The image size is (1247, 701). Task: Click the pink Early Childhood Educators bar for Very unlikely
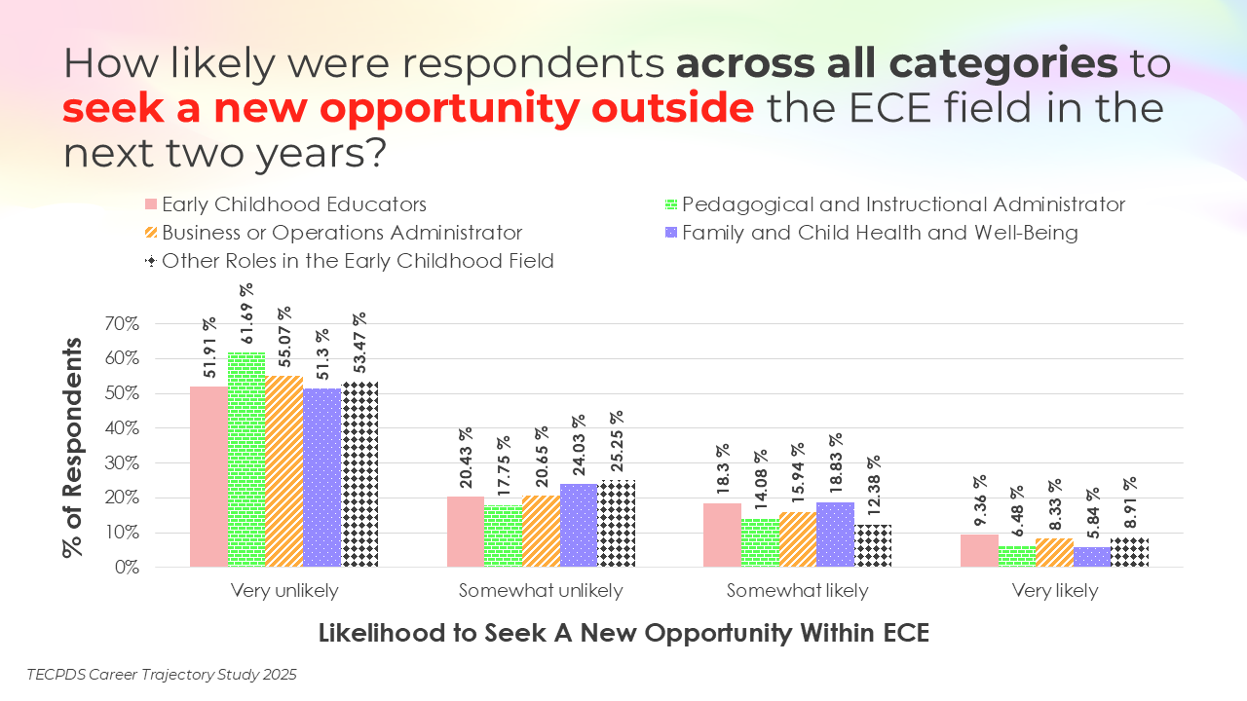pyautogui.click(x=208, y=476)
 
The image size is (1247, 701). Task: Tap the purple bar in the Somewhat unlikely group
pyautogui.click(x=579, y=525)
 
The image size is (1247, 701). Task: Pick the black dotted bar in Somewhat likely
pyautogui.click(x=873, y=545)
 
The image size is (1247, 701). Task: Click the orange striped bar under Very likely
pyautogui.click(x=1054, y=552)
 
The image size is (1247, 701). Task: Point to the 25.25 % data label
pyautogui.click(x=616, y=441)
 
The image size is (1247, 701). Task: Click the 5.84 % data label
pyautogui.click(x=1091, y=509)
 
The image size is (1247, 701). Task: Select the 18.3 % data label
pyautogui.click(x=722, y=471)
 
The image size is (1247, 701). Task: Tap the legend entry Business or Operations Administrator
pyautogui.click(x=342, y=233)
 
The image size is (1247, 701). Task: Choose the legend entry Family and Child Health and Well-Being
pyautogui.click(x=880, y=233)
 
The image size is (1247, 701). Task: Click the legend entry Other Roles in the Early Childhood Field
pyautogui.click(x=358, y=260)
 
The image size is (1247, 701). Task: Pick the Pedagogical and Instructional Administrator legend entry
pyautogui.click(x=903, y=204)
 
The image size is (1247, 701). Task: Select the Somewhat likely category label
pyautogui.click(x=797, y=591)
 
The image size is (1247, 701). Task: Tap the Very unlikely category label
pyautogui.click(x=284, y=591)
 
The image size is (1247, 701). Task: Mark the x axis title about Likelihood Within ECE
pyautogui.click(x=623, y=633)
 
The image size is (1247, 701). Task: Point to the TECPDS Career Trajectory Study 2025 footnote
pyautogui.click(x=162, y=675)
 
